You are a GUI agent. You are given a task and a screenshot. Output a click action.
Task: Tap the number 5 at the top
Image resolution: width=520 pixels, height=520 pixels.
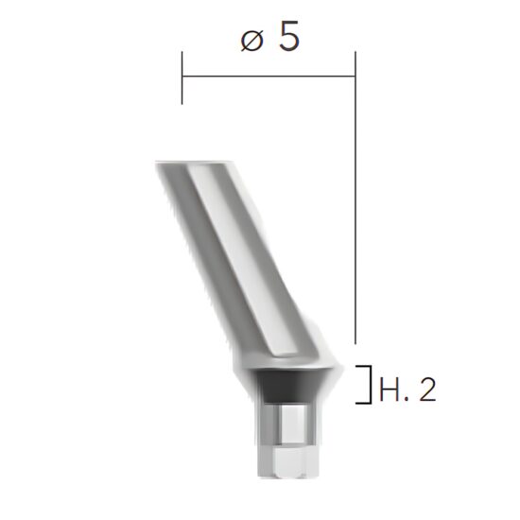point(289,38)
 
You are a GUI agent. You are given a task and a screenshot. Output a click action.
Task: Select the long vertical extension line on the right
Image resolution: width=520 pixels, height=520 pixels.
point(355,208)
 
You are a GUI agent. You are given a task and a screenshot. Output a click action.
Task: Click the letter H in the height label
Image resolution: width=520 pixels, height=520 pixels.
point(387,390)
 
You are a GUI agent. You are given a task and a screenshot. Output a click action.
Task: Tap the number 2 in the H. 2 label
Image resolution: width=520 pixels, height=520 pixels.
point(426,390)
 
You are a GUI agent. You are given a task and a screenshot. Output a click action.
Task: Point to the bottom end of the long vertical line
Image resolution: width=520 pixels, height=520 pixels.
point(355,343)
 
